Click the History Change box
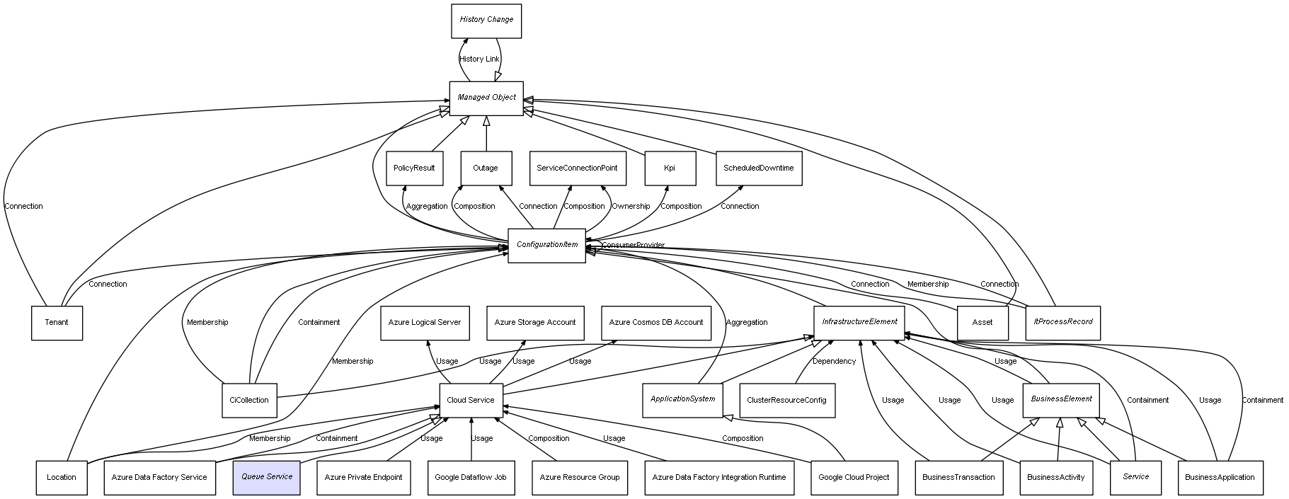(486, 21)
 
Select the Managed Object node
(486, 98)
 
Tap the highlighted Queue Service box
(267, 478)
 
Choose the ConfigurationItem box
(547, 246)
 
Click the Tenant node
(57, 323)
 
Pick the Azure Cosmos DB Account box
(656, 323)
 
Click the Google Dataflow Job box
(471, 478)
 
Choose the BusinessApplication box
(1220, 478)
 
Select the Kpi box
(670, 169)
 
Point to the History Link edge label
(479, 59)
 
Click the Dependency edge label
(834, 362)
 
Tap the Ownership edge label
(631, 207)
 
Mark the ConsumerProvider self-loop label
(633, 246)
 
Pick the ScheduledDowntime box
(759, 169)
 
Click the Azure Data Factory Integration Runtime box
(719, 478)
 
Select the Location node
(62, 478)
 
